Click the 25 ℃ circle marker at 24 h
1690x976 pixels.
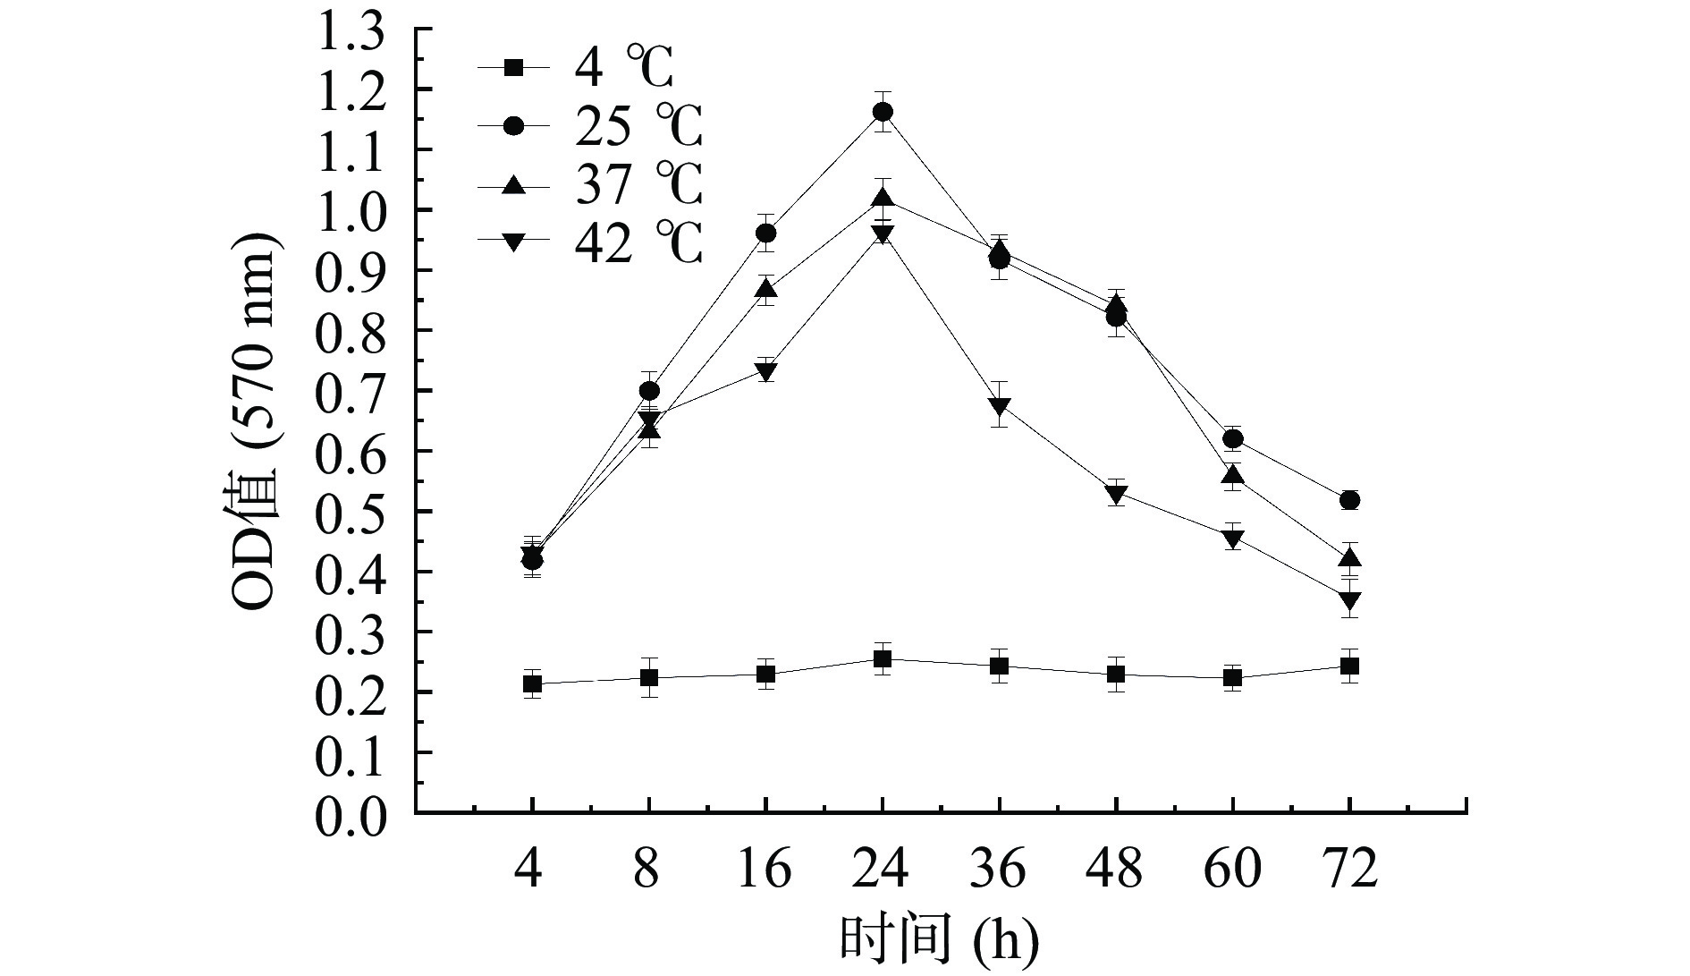(x=883, y=112)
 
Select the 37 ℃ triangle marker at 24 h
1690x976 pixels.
(x=883, y=198)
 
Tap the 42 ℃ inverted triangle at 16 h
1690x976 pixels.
(x=766, y=371)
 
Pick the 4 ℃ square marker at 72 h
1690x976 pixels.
(x=1350, y=666)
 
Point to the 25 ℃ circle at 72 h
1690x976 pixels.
(x=1350, y=500)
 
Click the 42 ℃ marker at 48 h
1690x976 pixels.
(x=1116, y=493)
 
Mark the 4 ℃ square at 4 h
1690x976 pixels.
(x=533, y=684)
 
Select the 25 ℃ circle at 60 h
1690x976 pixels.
(x=1233, y=439)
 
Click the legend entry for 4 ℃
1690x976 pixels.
(x=590, y=68)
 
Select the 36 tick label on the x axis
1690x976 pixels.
(x=1000, y=869)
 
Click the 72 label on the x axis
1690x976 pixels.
(x=1350, y=869)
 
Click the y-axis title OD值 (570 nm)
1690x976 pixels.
(x=256, y=420)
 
